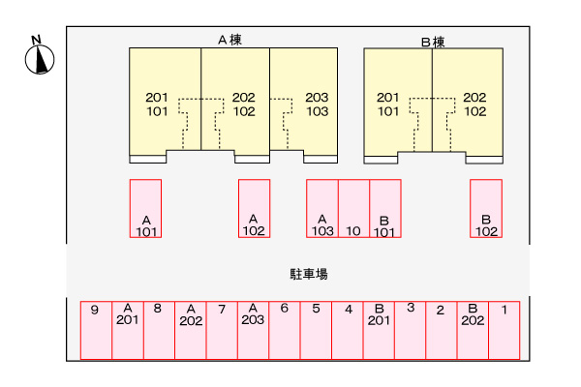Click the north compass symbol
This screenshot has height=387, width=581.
[38, 57]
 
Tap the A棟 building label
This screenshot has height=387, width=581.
[229, 40]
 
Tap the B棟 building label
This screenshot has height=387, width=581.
[433, 42]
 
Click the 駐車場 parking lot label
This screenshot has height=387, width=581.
[309, 275]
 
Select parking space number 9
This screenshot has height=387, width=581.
[96, 330]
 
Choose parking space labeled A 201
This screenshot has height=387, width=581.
[127, 330]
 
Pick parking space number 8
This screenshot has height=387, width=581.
[158, 330]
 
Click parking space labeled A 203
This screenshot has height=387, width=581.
[253, 330]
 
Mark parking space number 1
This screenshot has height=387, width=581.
[505, 330]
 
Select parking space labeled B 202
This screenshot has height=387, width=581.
[473, 330]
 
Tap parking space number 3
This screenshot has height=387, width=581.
[411, 330]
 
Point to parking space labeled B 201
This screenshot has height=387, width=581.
[379, 330]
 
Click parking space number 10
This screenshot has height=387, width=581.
[353, 208]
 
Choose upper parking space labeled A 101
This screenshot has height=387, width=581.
[146, 208]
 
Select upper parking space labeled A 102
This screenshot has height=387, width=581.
[254, 208]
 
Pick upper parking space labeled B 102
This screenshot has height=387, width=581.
[486, 208]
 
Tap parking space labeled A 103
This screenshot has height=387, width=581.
[322, 208]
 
